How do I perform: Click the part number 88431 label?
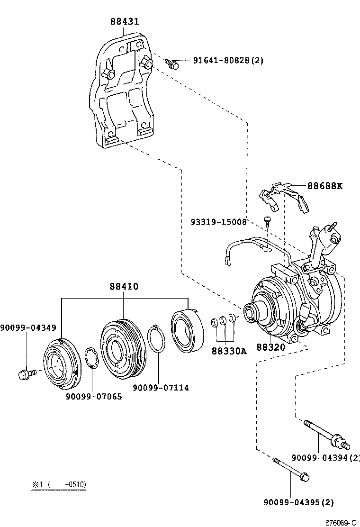pos(125,22)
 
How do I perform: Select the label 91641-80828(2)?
pos(228,60)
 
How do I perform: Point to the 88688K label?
pos(324,186)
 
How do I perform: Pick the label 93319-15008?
pos(218,221)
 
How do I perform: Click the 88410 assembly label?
pos(124,287)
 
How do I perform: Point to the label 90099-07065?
pos(94,396)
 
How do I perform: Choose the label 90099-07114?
pos(161,388)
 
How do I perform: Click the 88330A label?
pos(229,351)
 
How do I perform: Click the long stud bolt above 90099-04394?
pos(327,434)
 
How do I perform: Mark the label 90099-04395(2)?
pos(298,502)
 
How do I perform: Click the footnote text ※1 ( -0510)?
pos(59,485)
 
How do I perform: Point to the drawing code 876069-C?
pos(340,522)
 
